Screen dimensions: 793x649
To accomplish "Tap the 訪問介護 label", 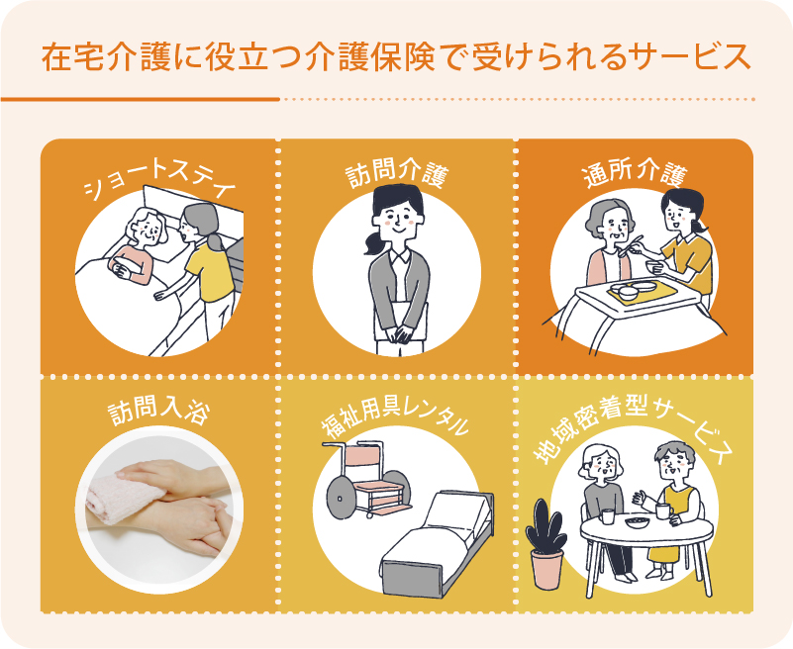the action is click(x=397, y=174).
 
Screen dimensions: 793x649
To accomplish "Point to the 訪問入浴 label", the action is click(x=159, y=412).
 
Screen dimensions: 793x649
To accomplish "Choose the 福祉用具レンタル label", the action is click(x=395, y=420).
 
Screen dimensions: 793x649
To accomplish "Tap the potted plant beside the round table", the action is click(x=546, y=545).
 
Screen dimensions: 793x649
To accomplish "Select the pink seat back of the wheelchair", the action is click(x=363, y=462).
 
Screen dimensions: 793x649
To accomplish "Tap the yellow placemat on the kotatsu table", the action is click(x=643, y=292).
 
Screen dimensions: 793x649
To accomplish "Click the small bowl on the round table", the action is click(x=637, y=521).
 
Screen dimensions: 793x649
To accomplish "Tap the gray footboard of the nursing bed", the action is click(x=413, y=575).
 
